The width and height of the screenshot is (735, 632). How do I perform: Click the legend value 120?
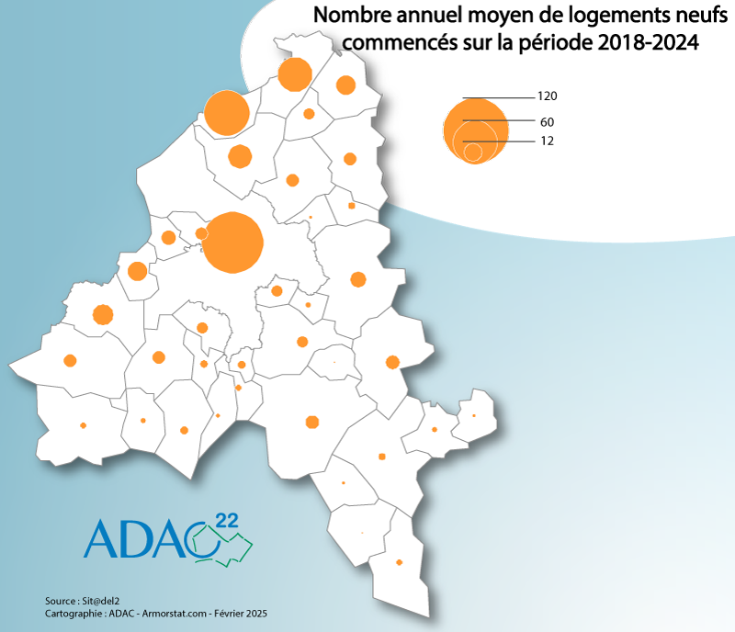coord(548,96)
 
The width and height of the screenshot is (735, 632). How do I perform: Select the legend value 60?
coord(547,122)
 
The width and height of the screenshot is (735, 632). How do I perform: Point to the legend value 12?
coord(547,141)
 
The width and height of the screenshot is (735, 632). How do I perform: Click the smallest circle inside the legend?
coord(473,152)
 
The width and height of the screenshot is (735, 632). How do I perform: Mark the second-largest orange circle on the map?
coord(227,114)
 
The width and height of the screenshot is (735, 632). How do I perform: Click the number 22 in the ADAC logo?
coord(226,521)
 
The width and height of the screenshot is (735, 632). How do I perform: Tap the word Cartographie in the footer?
coord(73,613)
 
